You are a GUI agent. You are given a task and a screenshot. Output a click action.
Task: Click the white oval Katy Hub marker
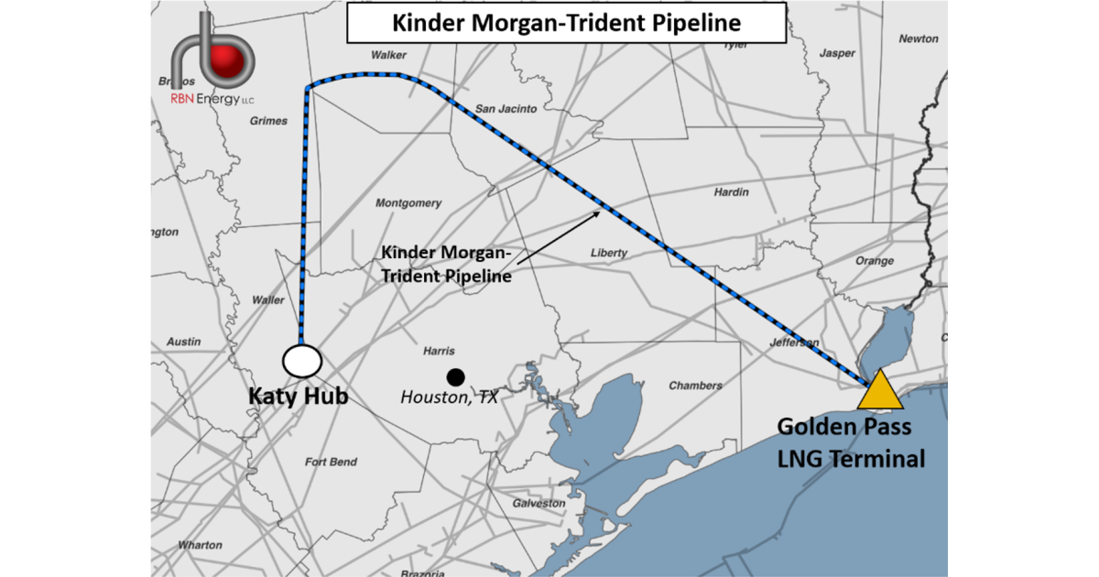301,361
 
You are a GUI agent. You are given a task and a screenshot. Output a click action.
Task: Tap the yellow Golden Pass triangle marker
880,392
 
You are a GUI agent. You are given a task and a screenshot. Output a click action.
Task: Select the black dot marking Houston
454,376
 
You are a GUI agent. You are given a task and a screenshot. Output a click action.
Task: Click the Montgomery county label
408,203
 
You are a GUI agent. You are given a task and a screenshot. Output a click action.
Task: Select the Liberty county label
609,253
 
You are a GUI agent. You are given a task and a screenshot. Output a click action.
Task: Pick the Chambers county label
695,386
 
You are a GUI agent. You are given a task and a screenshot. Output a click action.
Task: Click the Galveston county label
539,504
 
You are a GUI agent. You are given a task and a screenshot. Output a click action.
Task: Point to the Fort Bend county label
331,463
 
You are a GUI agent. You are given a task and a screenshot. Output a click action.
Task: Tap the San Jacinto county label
506,109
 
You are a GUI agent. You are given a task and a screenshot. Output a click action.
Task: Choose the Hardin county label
732,192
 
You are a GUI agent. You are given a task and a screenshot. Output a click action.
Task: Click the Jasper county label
836,53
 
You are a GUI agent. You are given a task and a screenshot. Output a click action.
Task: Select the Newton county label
919,38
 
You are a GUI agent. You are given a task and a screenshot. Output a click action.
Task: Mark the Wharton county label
200,545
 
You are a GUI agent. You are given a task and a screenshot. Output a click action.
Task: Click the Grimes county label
268,121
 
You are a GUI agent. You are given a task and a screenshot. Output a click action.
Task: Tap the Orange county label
874,261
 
